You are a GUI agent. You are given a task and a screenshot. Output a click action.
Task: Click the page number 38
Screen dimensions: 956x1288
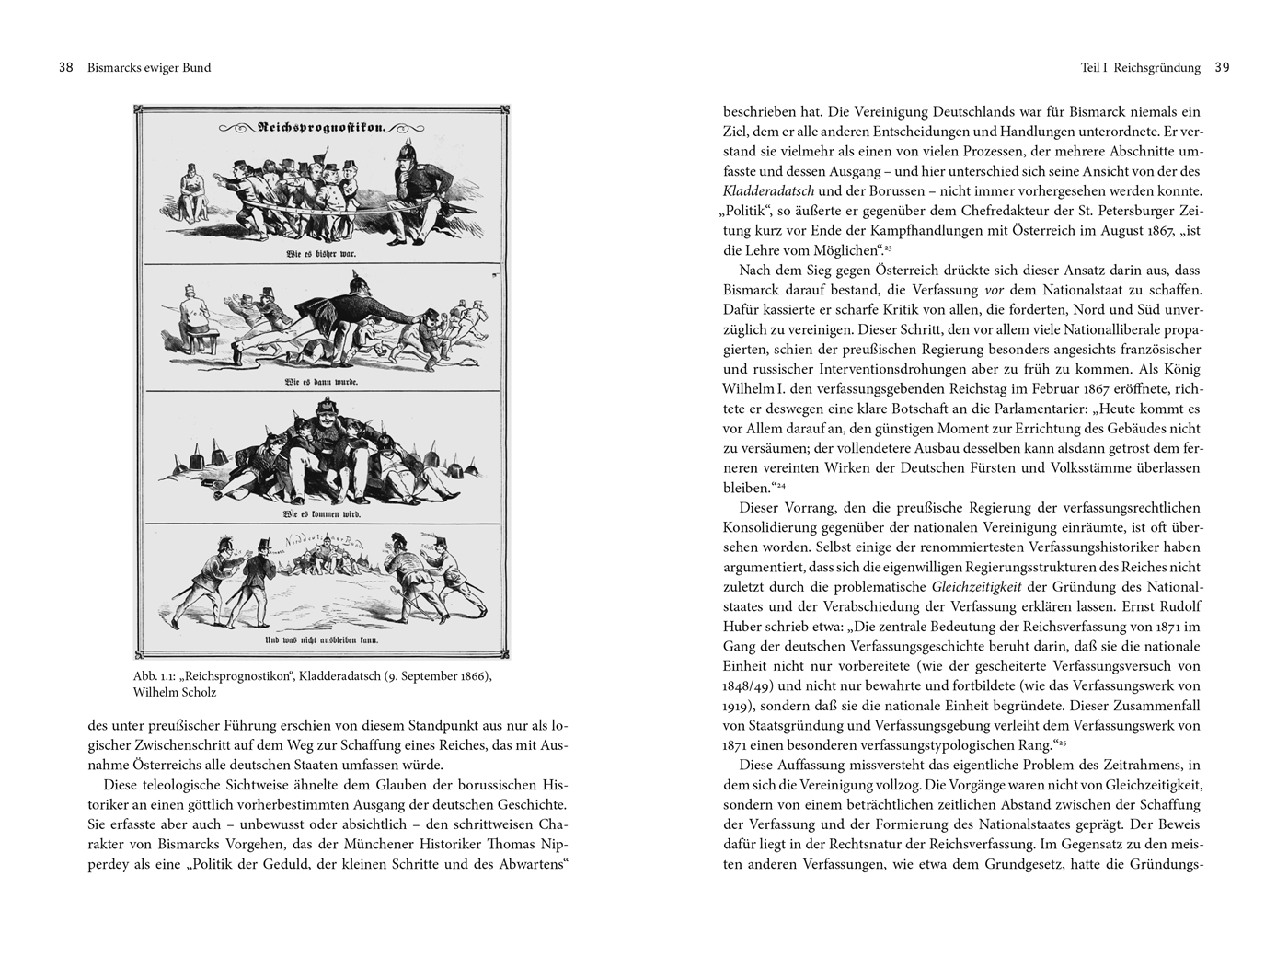[x=65, y=67]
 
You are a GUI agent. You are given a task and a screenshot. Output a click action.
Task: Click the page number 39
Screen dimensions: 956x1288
[x=1222, y=67]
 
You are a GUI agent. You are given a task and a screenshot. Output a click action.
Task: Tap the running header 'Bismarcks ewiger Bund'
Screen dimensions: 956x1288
[x=148, y=67]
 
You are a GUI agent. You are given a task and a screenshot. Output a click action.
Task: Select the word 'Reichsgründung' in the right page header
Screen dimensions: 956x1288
[x=1156, y=67]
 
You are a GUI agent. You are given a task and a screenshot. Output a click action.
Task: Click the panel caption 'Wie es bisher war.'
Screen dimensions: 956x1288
[x=321, y=253]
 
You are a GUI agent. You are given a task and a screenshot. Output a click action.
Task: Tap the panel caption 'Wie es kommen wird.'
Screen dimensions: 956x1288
[x=321, y=513]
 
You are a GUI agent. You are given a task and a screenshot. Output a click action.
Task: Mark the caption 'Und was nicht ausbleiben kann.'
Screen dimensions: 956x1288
[x=321, y=639]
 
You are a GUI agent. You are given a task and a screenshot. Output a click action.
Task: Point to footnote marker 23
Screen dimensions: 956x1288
[x=888, y=248]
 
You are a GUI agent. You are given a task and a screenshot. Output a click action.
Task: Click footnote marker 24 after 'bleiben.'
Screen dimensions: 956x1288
[x=779, y=486]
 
